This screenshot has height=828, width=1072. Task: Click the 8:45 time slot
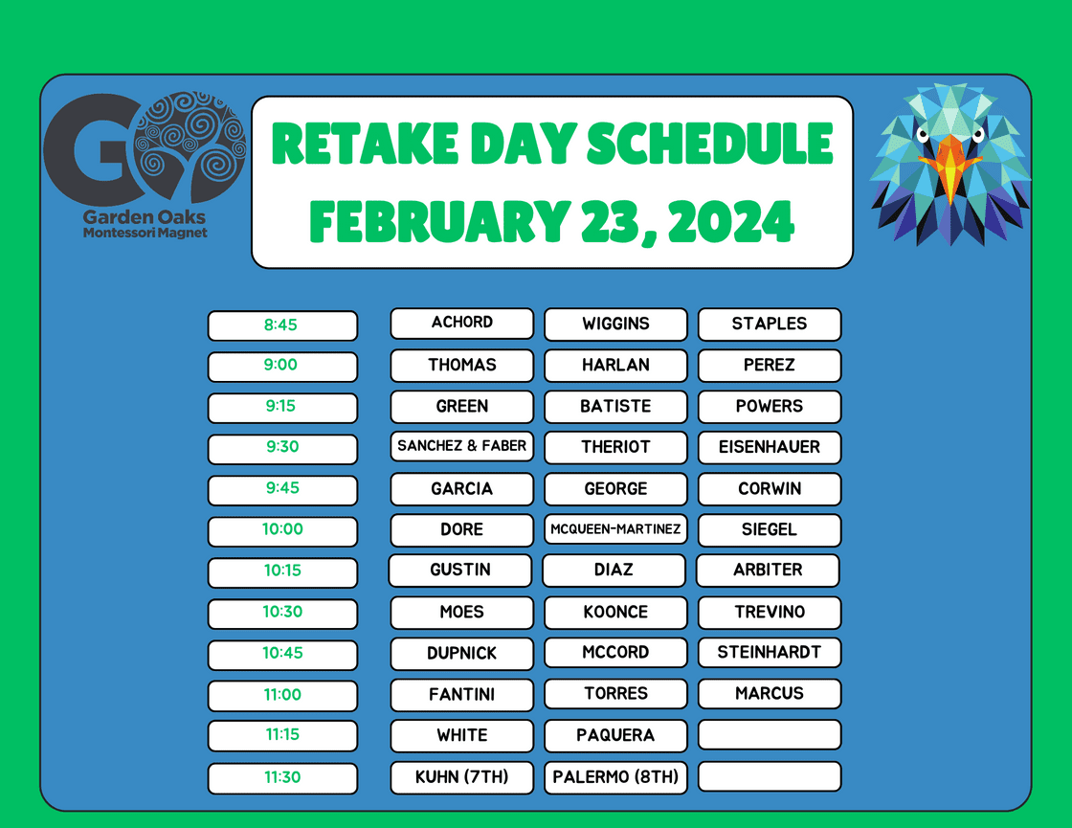(282, 325)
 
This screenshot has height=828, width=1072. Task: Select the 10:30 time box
(282, 614)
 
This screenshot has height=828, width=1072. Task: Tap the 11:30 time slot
(282, 778)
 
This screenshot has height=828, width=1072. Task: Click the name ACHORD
(462, 322)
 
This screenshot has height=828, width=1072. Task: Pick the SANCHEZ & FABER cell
(462, 446)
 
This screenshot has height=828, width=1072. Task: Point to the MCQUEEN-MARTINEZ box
(615, 529)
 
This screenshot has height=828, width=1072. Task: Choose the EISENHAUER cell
(770, 447)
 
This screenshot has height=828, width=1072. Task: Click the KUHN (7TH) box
(462, 777)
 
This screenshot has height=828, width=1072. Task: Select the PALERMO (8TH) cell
(615, 777)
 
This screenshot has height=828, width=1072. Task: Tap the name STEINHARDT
(770, 652)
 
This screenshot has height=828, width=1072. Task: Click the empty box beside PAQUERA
(770, 735)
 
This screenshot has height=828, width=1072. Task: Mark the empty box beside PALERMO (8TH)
(770, 776)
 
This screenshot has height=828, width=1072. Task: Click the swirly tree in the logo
(190, 145)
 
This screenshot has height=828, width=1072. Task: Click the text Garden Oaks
(145, 216)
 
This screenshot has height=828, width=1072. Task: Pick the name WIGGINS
(615, 324)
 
